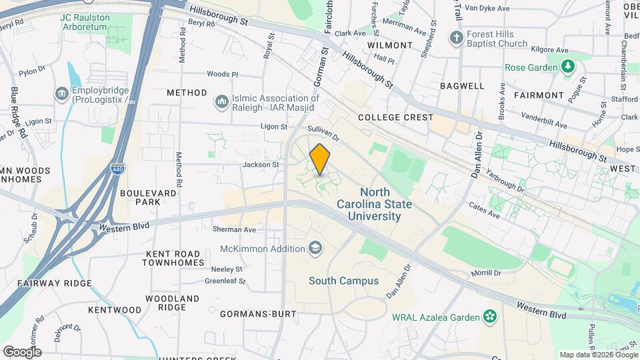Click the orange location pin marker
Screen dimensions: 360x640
coord(320,159)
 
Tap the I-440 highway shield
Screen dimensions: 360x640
coord(116,170)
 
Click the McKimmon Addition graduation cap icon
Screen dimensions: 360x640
coord(313,249)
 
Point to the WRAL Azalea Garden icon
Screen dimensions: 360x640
coord(491,315)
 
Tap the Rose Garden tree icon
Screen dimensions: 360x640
coord(567,67)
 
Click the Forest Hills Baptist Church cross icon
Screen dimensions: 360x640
coord(457,37)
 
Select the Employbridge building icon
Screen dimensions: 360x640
coord(61,92)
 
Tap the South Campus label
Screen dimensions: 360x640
coord(343,281)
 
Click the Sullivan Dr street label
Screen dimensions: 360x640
coord(324,133)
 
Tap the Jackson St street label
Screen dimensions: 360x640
coord(261,164)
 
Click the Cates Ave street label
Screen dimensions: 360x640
coord(484,209)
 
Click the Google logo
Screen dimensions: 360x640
coord(22,351)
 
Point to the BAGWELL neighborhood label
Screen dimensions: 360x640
coord(462,86)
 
